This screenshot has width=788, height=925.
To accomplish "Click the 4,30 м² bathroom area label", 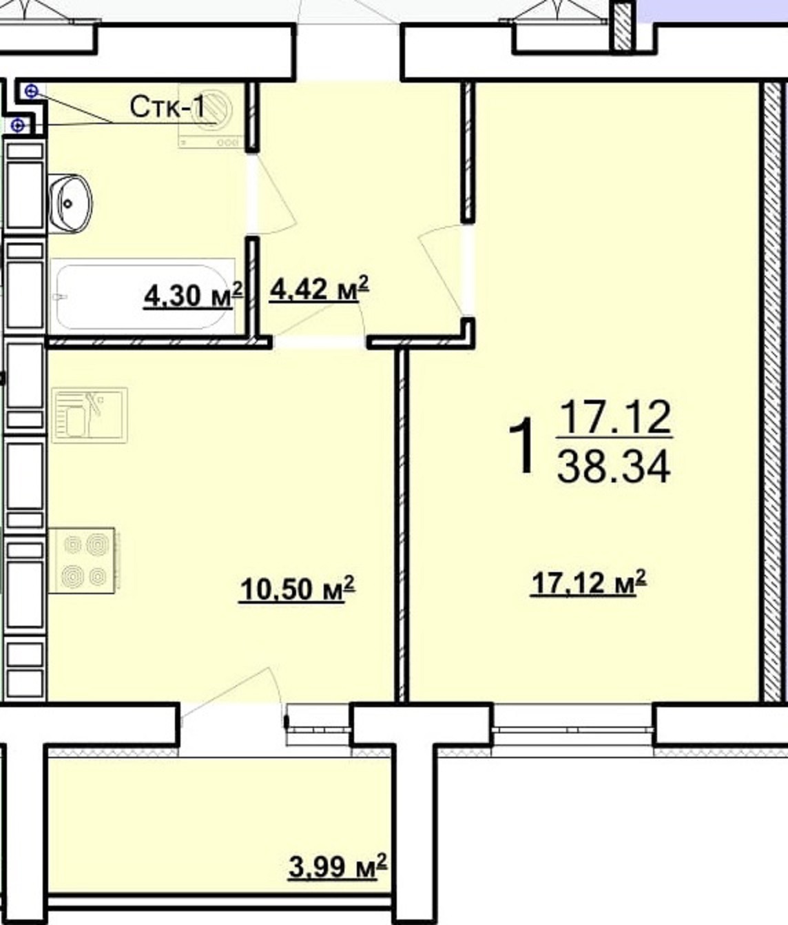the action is [193, 296].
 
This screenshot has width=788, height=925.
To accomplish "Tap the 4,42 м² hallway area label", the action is [319, 289].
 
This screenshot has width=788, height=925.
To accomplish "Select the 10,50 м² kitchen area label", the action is [297, 589].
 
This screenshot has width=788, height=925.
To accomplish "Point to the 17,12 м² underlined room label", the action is [588, 582].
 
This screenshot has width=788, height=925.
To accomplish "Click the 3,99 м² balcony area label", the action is [338, 866].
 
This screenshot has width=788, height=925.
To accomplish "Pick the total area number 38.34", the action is [614, 466].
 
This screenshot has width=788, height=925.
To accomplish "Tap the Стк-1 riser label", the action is [167, 108].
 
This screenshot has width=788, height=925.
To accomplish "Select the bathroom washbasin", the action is [70, 203].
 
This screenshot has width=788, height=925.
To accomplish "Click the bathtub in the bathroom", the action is [142, 296].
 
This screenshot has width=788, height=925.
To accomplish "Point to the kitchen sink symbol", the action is [90, 415].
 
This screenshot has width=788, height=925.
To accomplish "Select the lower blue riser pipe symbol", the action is [18, 125].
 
